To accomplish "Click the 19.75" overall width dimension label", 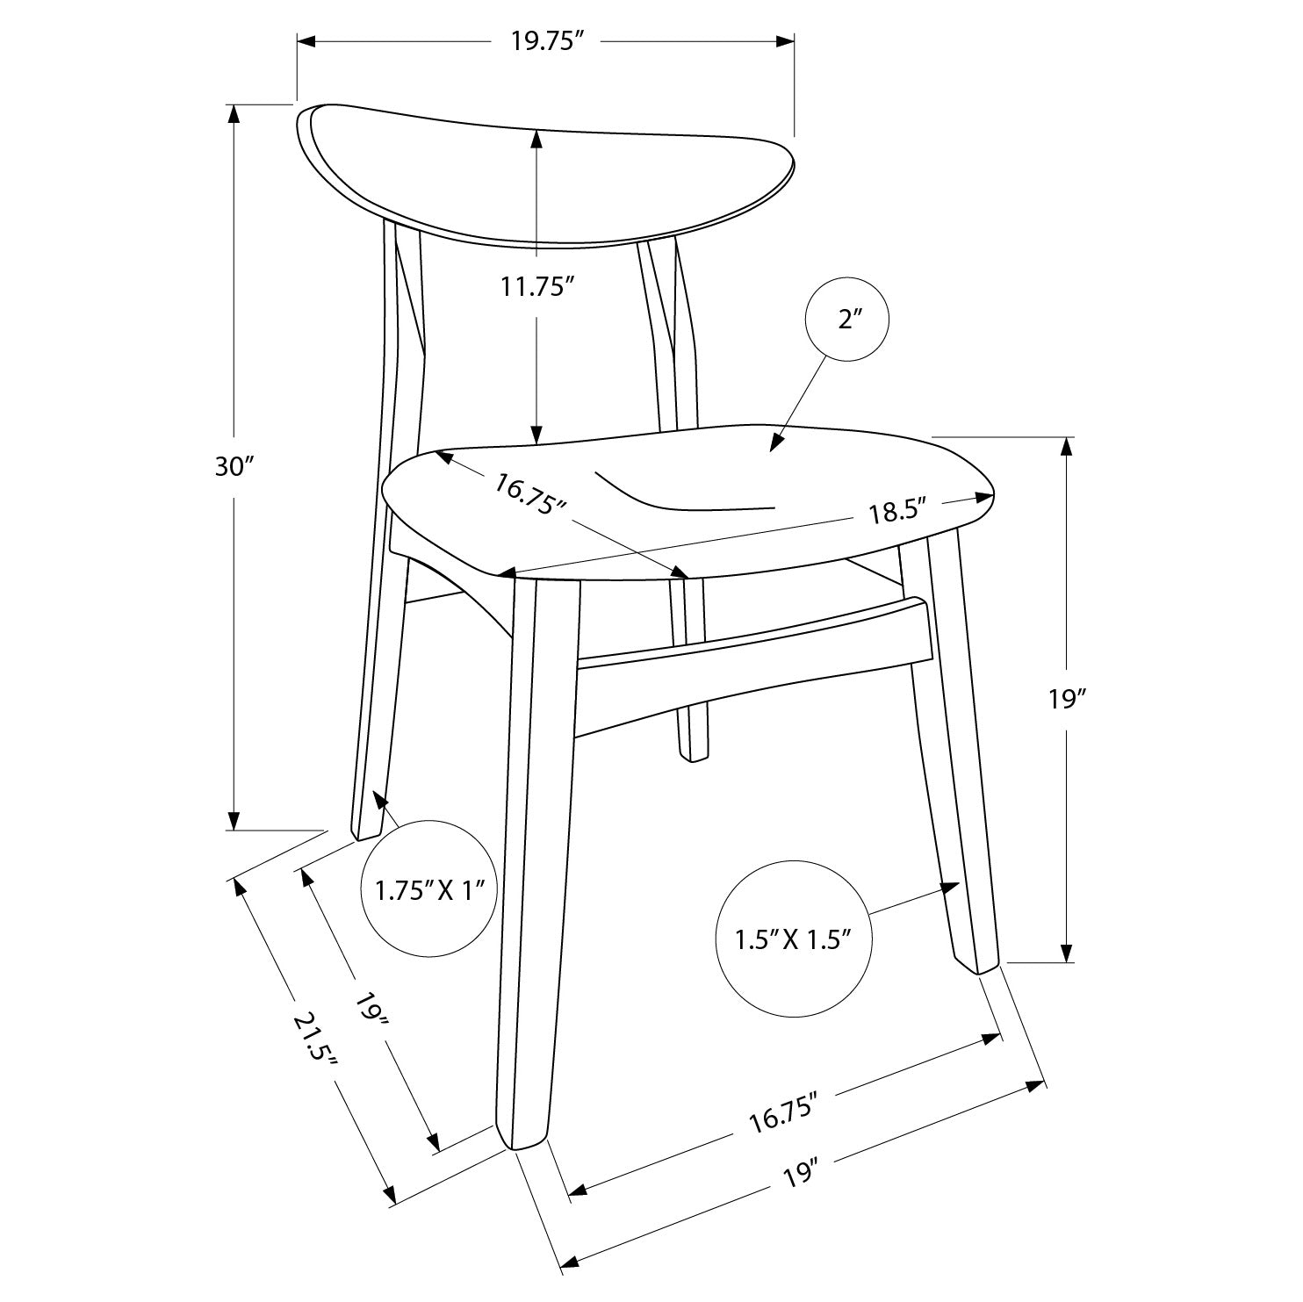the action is point(549,42).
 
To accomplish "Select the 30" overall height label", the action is point(234,467).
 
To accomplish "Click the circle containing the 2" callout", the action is point(846,320).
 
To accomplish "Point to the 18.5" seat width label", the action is point(898,513).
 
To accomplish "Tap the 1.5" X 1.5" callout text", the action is point(794,940).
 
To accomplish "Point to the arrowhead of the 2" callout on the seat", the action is point(776,443).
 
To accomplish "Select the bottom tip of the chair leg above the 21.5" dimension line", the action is point(525,1144).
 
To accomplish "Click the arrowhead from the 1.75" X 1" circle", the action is point(380,799).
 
